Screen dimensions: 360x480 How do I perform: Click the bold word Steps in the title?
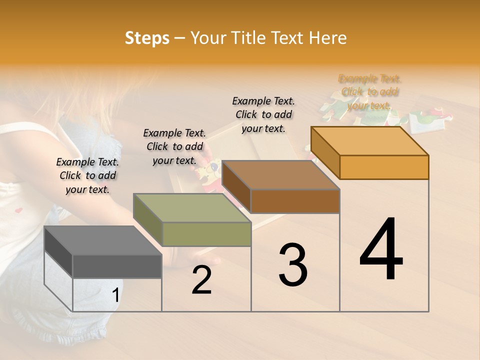(x=147, y=38)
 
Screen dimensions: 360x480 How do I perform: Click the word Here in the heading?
(x=327, y=38)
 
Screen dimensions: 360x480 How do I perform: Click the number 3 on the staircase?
(x=293, y=265)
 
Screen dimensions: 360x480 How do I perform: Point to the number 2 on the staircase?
(x=201, y=280)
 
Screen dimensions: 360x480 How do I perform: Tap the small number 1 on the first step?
(x=115, y=295)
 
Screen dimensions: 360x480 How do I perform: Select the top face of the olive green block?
(x=192, y=208)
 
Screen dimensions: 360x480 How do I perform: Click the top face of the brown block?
(x=280, y=175)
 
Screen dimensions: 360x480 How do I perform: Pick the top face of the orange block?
(x=370, y=141)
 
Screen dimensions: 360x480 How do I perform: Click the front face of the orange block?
(x=384, y=167)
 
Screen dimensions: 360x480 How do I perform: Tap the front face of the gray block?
(x=117, y=266)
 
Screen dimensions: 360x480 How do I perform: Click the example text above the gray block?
(x=87, y=175)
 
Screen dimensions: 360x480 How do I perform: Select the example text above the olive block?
(x=174, y=146)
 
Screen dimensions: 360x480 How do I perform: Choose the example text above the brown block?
(x=263, y=114)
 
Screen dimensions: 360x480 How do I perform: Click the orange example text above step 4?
(x=369, y=92)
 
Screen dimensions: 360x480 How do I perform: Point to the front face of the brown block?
(x=295, y=201)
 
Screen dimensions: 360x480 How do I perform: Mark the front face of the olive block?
(x=206, y=234)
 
